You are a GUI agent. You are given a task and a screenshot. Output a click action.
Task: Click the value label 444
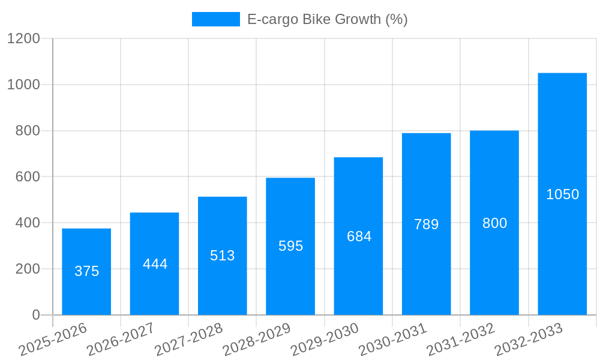pyautogui.click(x=155, y=264)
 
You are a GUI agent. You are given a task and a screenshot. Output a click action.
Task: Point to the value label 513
pyautogui.click(x=223, y=256)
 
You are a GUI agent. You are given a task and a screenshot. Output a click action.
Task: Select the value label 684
pyautogui.click(x=359, y=236)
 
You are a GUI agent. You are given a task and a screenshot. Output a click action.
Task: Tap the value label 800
pyautogui.click(x=494, y=223)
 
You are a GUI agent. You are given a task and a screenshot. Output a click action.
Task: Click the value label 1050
pyautogui.click(x=562, y=194)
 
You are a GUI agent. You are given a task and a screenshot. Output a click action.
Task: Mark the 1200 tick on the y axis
pyautogui.click(x=23, y=39)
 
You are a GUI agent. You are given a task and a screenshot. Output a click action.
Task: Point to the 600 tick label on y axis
pyautogui.click(x=28, y=177)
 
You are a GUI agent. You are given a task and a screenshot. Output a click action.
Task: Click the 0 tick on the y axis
pyautogui.click(x=36, y=315)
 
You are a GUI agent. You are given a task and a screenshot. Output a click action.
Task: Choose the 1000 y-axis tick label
pyautogui.click(x=23, y=85)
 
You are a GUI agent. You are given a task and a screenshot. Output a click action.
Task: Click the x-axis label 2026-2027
pyautogui.click(x=121, y=340)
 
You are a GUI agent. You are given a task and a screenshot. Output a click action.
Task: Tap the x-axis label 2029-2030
pyautogui.click(x=325, y=340)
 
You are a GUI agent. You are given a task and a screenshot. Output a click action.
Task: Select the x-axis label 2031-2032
pyautogui.click(x=461, y=340)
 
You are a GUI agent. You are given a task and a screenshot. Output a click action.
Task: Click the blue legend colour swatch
pyautogui.click(x=215, y=19)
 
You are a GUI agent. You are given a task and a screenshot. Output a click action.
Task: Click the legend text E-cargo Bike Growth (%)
pyautogui.click(x=327, y=19)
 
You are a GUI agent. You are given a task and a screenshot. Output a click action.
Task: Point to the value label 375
pyautogui.click(x=86, y=271)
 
